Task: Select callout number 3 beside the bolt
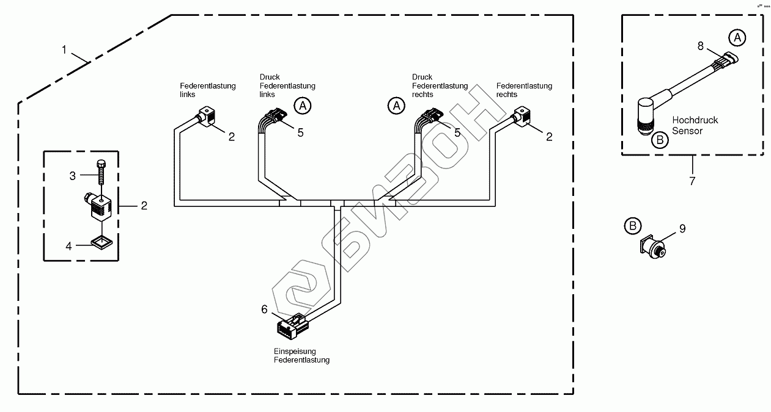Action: pos(72,176)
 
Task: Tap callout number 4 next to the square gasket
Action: pos(69,246)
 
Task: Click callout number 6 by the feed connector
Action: pos(264,309)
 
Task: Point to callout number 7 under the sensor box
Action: pos(693,181)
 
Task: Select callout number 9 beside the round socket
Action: pos(682,229)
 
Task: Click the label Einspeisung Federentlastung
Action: pos(301,356)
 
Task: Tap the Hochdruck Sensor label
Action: pos(695,125)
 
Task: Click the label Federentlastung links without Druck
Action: pos(207,90)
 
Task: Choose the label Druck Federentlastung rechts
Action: pos(439,85)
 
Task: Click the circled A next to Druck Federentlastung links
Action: pos(302,105)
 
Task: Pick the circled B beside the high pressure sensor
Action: pos(659,140)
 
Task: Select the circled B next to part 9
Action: pos(633,226)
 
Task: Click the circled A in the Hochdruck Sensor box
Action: pos(737,38)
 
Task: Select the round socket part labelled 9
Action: pos(655,248)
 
